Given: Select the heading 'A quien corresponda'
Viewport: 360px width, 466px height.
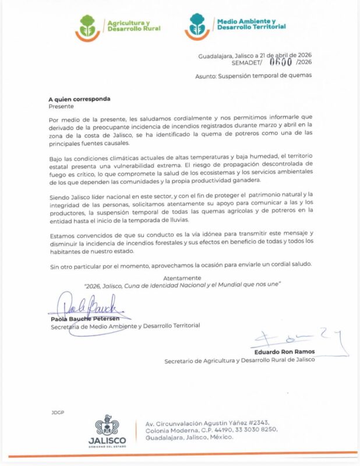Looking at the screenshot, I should coord(79,99).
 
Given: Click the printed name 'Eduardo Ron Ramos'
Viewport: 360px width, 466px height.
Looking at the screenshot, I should coord(284,352).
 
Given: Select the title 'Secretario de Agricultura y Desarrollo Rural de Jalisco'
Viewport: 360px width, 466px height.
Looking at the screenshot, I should coord(239,360).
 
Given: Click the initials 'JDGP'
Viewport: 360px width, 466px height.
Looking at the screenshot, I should coord(58,412).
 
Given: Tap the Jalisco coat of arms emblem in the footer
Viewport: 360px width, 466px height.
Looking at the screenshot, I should coord(107,426).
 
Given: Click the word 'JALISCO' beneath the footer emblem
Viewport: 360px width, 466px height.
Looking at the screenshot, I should coord(107,440).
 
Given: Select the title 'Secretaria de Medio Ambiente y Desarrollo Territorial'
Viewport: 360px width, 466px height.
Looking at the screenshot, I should coord(125,326).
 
